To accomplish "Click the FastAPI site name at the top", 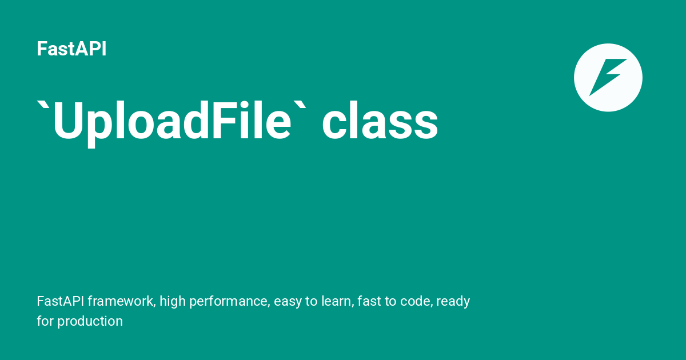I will [71, 49].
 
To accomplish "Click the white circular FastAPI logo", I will [608, 77].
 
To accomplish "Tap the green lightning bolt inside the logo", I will [608, 77].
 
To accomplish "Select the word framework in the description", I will [121, 301].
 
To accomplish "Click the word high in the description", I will [172, 301].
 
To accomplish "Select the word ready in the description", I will [453, 301].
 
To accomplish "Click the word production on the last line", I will [90, 321].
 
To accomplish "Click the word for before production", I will [45, 321].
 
